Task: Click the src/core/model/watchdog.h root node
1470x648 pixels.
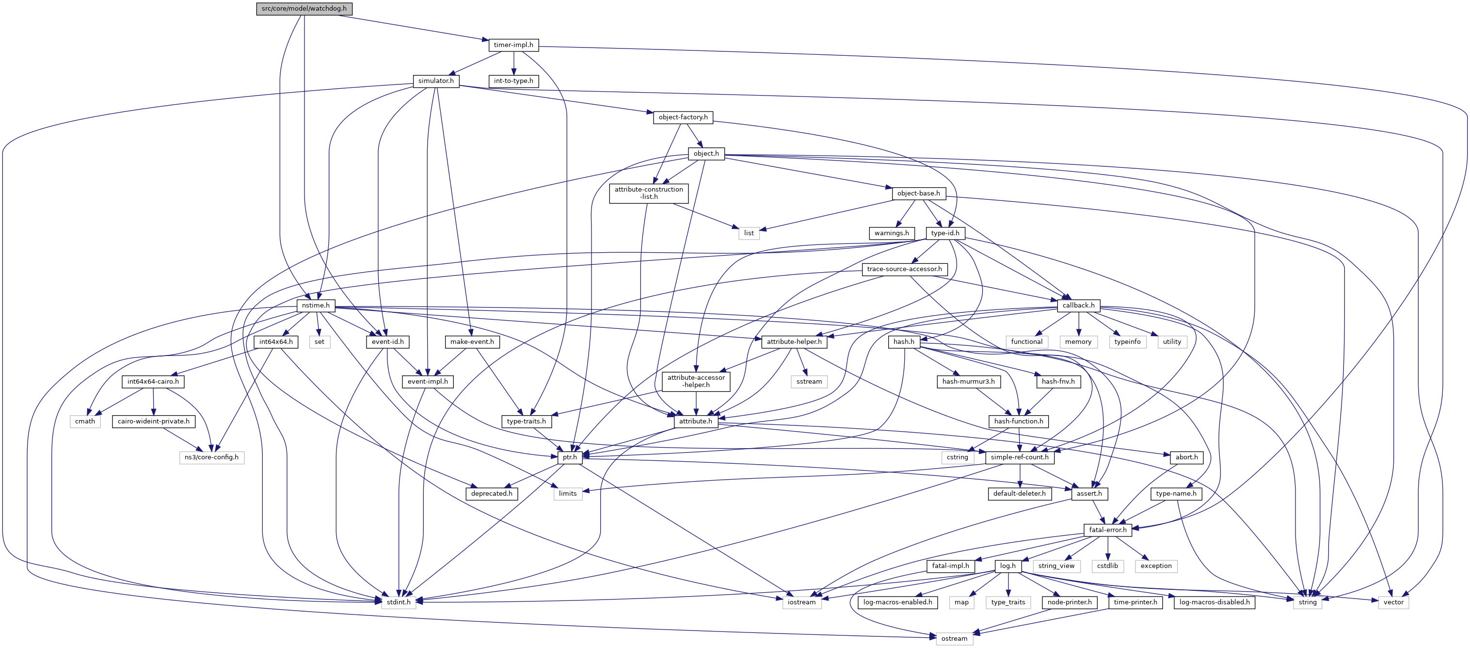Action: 304,9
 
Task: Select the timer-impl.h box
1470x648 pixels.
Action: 513,45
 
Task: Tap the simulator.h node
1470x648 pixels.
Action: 435,81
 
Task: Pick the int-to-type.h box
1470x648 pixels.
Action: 513,81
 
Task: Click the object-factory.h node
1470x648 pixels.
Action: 683,117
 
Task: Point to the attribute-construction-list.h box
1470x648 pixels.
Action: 648,193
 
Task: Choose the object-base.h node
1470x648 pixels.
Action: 918,193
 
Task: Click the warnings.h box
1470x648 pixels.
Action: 892,233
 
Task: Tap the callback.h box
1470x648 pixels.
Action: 1078,306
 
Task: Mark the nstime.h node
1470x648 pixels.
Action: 316,306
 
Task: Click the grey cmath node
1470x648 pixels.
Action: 85,421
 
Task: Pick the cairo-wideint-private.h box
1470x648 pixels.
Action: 154,421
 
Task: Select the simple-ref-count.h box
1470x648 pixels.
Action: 1019,457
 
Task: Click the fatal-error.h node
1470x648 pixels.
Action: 1108,530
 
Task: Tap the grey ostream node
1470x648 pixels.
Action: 954,638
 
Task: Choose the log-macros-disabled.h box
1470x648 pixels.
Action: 1214,602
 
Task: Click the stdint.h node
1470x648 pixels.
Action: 399,602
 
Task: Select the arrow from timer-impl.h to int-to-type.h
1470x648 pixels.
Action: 513,63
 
